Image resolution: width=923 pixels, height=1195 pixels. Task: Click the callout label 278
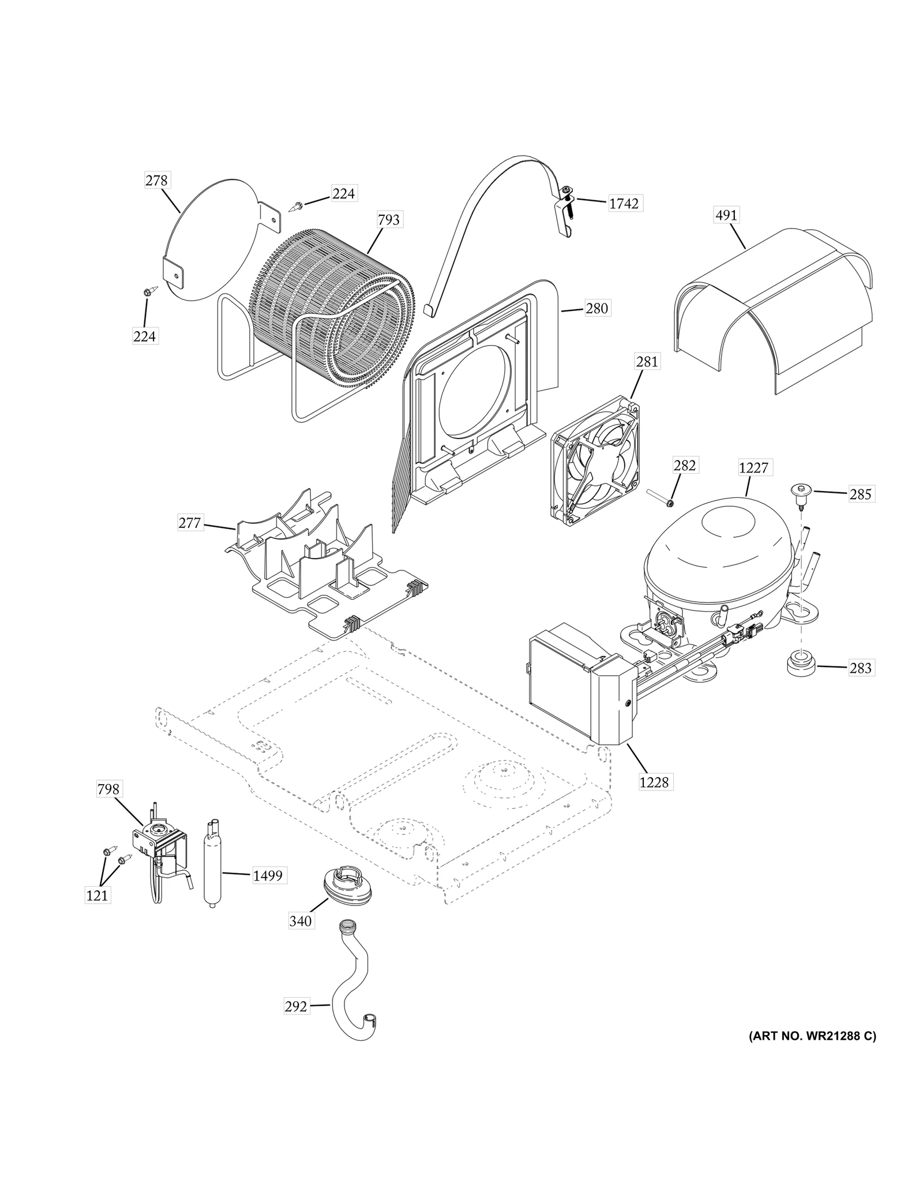click(x=156, y=181)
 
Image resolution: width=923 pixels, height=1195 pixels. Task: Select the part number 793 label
click(x=389, y=220)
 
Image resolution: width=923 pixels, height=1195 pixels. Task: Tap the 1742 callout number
click(x=624, y=204)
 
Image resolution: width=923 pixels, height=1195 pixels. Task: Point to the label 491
click(x=726, y=215)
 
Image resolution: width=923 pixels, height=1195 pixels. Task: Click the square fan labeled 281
click(x=595, y=456)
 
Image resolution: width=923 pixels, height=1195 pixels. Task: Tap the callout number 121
click(x=97, y=895)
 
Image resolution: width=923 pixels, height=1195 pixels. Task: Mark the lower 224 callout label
click(x=144, y=336)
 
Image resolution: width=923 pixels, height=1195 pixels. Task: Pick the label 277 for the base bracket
click(x=190, y=523)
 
